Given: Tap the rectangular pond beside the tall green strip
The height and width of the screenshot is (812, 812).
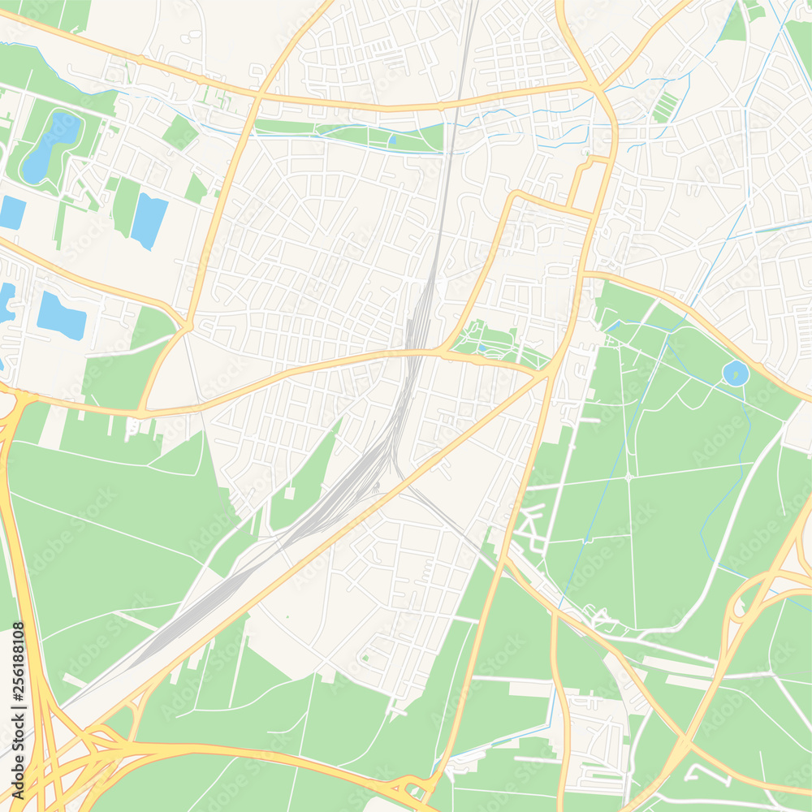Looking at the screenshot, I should tap(149, 220).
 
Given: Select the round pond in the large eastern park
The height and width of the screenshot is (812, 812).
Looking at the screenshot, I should tap(736, 373).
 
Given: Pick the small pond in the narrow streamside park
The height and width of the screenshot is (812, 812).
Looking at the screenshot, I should tap(392, 140).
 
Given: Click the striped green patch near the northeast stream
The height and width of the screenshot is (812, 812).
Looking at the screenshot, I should tap(664, 107).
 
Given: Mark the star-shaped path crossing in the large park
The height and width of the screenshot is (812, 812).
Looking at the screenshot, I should tap(628, 477).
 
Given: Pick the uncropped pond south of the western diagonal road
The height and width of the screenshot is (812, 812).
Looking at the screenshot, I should tap(61, 316).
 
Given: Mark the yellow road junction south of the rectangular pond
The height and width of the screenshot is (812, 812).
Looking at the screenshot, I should tap(187, 326).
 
